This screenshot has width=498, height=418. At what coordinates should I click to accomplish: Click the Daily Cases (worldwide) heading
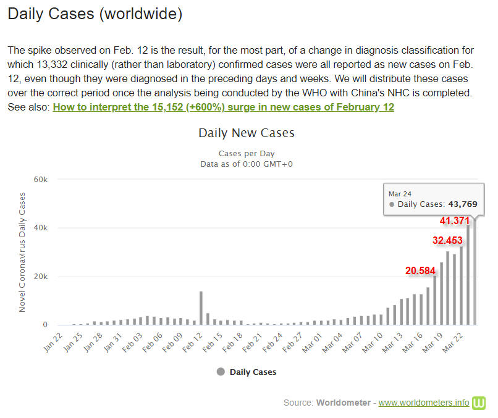(95, 14)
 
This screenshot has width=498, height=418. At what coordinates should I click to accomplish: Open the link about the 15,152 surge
(223, 107)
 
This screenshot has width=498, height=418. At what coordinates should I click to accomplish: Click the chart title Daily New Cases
(246, 133)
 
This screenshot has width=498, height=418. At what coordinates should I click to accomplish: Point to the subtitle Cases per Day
(246, 153)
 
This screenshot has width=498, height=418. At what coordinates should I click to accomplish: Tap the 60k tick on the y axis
(40, 179)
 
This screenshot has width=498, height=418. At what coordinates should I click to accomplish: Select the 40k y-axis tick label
(40, 228)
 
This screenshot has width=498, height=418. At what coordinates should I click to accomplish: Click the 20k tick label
(40, 276)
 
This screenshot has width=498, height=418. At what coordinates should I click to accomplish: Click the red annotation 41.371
(455, 220)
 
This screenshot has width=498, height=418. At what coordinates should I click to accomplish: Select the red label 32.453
(446, 241)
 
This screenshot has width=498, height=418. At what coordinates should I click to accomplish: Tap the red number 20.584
(420, 270)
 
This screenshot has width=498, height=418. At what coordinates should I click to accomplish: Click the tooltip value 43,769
(463, 204)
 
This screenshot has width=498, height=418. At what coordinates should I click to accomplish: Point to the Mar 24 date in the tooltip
(400, 193)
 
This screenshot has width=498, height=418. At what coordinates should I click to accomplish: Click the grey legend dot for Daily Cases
(221, 372)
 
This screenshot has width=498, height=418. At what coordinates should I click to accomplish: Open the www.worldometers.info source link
(424, 403)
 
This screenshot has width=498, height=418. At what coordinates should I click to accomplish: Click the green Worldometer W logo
(479, 403)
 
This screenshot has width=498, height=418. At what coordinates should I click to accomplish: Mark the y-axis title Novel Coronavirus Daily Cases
(22, 252)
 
